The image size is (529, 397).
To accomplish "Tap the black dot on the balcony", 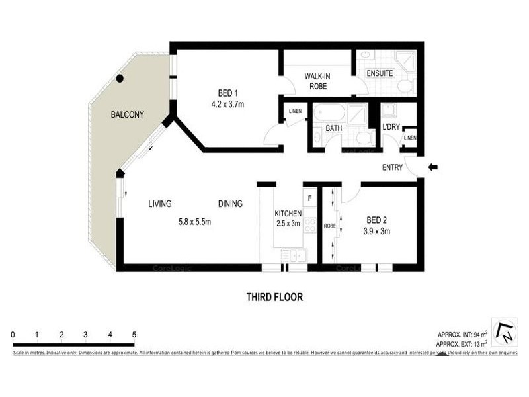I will point(120,79).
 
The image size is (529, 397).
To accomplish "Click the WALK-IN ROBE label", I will point(317,81).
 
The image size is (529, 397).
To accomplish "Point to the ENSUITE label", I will point(380,73).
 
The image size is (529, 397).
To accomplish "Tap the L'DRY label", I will point(391,127).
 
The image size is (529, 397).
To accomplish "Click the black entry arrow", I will point(432,167).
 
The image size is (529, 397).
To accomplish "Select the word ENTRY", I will point(392,168).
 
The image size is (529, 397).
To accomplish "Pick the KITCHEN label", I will point(288,214).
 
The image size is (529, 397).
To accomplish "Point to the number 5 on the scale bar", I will point(134,335).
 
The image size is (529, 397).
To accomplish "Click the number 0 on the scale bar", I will point(13,335).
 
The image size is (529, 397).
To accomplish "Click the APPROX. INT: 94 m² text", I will point(462,334).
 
